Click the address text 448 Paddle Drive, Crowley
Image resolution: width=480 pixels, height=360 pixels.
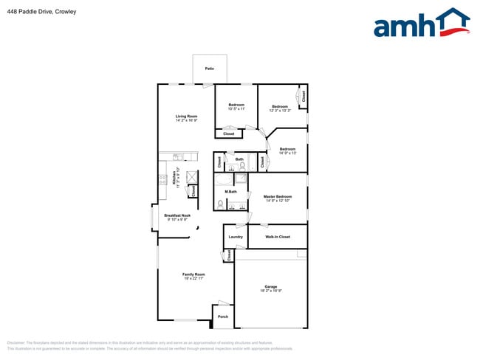coord(41,12)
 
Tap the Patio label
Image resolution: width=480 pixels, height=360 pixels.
coord(210,68)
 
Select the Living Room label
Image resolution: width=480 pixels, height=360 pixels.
coord(186,116)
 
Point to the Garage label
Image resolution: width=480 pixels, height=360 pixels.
coord(271,286)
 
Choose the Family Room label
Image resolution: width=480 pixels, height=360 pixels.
coord(193,274)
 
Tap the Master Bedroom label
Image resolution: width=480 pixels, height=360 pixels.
coord(278,196)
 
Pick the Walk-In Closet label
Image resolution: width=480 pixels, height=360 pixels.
coord(278,237)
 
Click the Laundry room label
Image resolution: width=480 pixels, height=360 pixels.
coord(236,237)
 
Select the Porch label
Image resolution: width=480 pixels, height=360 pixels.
coord(223,317)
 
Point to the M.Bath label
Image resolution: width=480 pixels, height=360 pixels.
coord(231,192)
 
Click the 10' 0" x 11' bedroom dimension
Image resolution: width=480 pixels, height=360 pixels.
coord(236,109)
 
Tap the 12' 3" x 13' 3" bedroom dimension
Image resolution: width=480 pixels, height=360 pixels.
coord(280,111)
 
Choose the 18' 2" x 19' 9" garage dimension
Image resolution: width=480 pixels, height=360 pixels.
coord(271,291)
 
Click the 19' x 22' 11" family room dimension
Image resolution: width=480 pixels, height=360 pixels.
coord(193,279)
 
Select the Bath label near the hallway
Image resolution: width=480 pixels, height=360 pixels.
coord(239,159)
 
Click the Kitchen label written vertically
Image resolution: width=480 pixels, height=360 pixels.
coord(174,178)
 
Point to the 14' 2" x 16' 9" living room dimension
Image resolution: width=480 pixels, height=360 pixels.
coord(186,120)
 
